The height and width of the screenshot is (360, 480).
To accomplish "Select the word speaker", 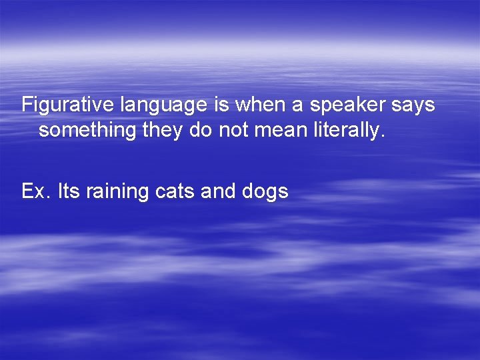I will [x=340, y=105].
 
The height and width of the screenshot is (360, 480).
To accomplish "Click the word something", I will [x=87, y=131].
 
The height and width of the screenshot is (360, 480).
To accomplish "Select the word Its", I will [x=68, y=192].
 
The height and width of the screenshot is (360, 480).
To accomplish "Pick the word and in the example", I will [x=214, y=192].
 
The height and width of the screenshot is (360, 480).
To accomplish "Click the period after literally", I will [x=383, y=135].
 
